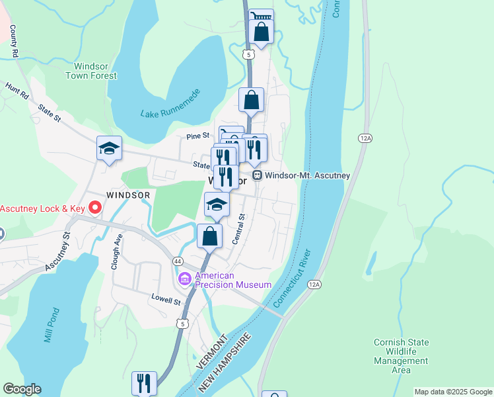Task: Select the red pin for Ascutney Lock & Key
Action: (x=94, y=208)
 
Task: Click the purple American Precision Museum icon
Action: (x=184, y=280)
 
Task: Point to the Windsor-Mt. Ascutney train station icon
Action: (x=258, y=175)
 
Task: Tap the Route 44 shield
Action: (x=178, y=261)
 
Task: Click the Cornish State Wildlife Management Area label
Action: (x=401, y=356)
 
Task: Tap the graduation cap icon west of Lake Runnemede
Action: (x=109, y=149)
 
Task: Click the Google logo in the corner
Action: (x=22, y=389)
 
